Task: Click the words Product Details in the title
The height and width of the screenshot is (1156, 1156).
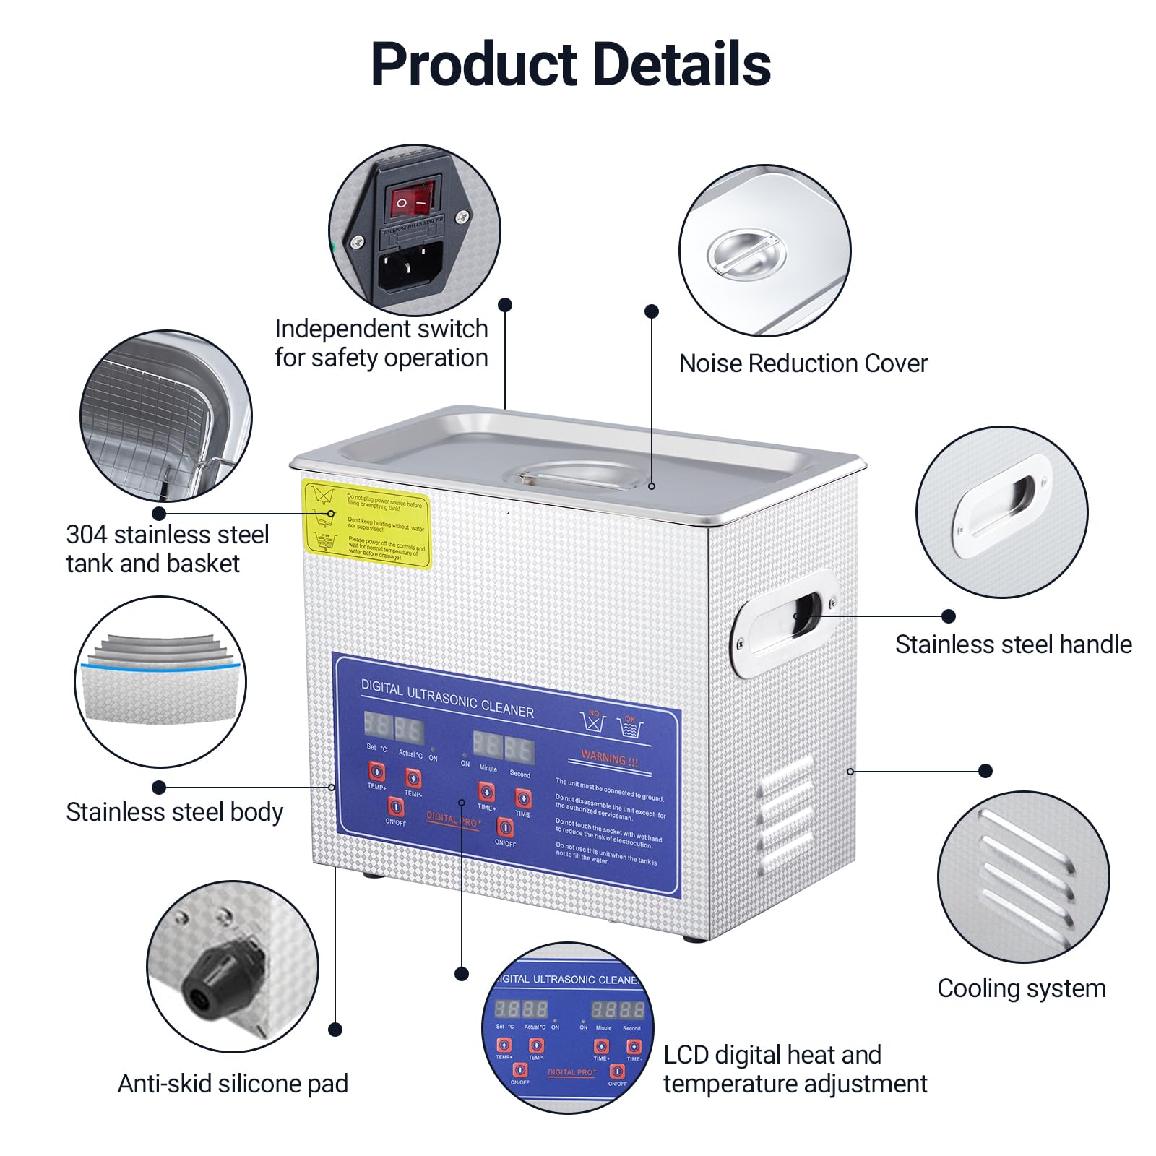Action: tap(570, 64)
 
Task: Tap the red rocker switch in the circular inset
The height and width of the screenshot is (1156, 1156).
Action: tap(413, 200)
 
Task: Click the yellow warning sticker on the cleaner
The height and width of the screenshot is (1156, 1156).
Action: tap(366, 523)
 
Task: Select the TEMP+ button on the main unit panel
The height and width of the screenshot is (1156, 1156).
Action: tap(377, 772)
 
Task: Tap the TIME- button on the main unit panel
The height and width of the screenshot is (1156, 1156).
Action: tap(523, 798)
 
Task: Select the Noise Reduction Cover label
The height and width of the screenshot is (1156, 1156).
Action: tap(803, 363)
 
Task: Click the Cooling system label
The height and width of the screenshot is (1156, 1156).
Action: tap(1021, 988)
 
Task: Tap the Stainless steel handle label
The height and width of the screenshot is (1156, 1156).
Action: tap(1013, 644)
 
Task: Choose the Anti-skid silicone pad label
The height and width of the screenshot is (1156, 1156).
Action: tap(233, 1084)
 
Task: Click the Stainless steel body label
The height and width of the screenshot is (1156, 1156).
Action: tap(174, 812)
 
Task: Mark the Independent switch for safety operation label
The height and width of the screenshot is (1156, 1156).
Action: tap(381, 343)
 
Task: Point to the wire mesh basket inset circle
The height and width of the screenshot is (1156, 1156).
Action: tap(165, 415)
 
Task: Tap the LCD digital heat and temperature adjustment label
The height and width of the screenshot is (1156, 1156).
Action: tap(795, 1069)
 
